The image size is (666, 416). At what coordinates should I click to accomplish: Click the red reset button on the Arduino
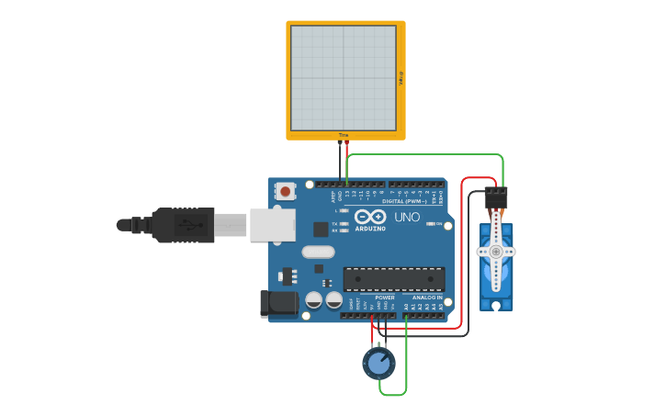coord(286,192)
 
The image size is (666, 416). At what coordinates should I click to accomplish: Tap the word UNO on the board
coord(407,218)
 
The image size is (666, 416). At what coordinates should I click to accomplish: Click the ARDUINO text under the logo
coord(370,229)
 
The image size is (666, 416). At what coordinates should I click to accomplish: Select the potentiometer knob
coord(378,364)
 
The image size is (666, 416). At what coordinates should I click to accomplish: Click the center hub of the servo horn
coord(496,251)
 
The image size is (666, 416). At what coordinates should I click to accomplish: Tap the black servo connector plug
coord(496,197)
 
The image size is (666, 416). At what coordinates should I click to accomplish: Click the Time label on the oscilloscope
coord(344,135)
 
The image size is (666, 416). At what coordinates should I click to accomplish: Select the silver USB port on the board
coord(272,224)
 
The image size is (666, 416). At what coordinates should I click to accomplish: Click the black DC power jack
coord(279,305)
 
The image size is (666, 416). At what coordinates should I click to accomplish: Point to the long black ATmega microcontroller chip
coord(393,279)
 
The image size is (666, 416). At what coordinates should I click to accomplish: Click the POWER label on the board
coord(385,298)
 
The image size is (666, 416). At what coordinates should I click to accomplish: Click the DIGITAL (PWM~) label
coord(404,200)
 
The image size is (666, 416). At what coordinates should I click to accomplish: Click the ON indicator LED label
coord(438,224)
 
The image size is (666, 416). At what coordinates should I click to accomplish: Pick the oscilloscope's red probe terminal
coord(346,145)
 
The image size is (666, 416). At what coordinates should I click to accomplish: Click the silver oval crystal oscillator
coord(317,252)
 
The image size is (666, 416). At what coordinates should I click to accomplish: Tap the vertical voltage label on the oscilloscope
coord(401,81)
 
